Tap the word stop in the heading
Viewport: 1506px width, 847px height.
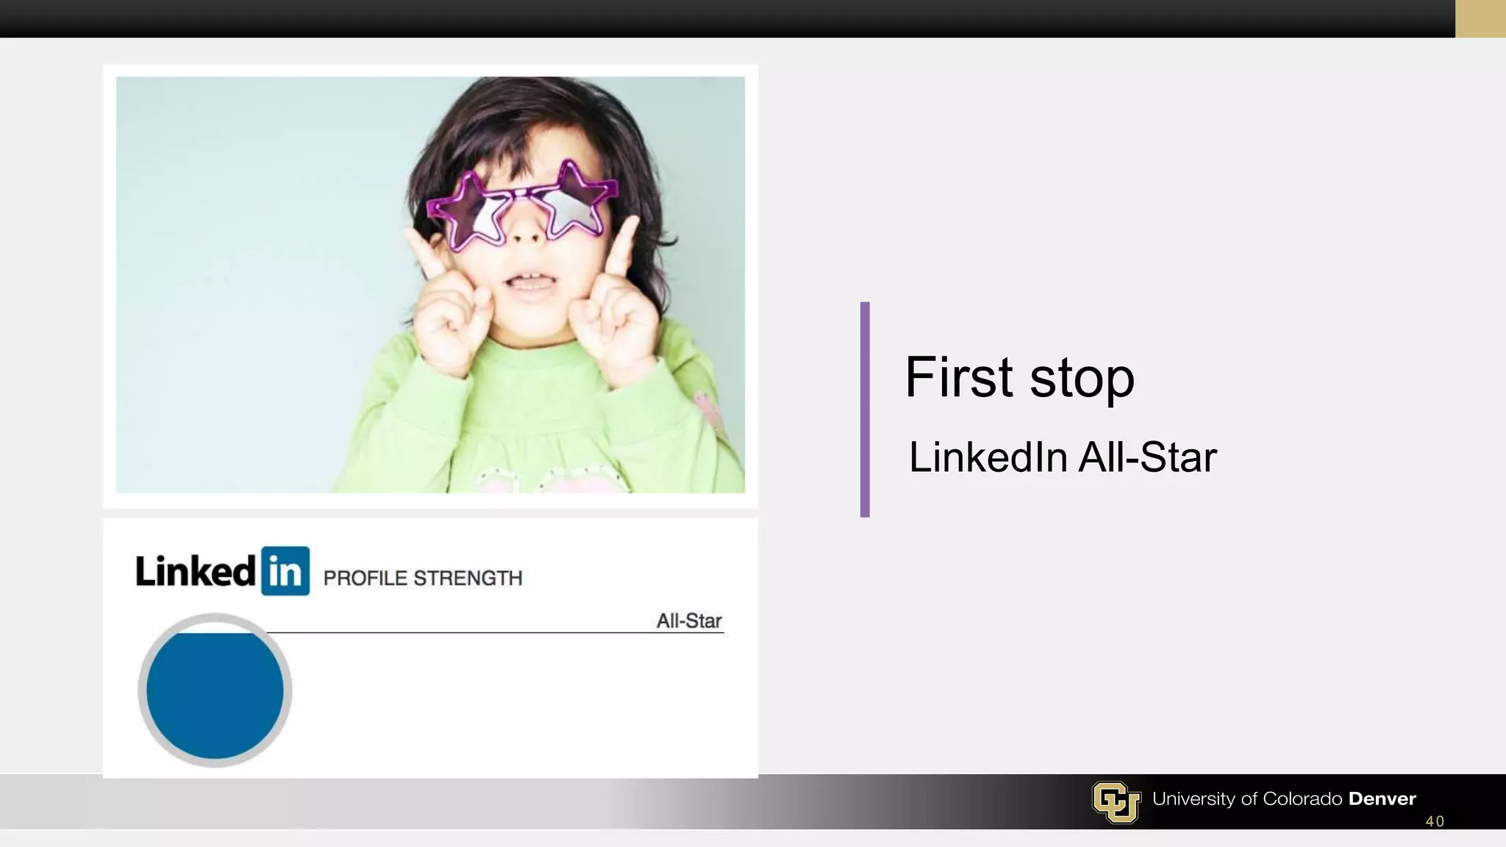[x=1082, y=379]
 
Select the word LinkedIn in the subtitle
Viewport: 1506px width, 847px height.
[x=988, y=457]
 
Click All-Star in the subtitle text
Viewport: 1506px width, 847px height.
[x=1147, y=457]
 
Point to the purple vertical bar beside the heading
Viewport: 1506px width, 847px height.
[x=865, y=409]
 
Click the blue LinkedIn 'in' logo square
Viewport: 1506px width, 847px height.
[x=285, y=571]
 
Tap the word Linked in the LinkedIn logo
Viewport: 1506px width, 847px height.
[x=196, y=571]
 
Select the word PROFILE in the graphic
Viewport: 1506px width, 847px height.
[x=365, y=579]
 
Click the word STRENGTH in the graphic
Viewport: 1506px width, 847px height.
[x=468, y=579]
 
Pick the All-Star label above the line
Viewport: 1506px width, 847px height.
[x=689, y=621]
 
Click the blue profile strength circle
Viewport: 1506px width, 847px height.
[x=215, y=691]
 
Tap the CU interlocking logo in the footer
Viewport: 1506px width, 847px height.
[x=1116, y=801]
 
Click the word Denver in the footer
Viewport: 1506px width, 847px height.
[x=1382, y=799]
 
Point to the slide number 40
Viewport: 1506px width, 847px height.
[x=1435, y=821]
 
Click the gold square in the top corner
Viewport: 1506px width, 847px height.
[x=1480, y=18]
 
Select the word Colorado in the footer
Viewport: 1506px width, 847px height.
[x=1302, y=799]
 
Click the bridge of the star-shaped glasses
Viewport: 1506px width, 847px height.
[x=521, y=194]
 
